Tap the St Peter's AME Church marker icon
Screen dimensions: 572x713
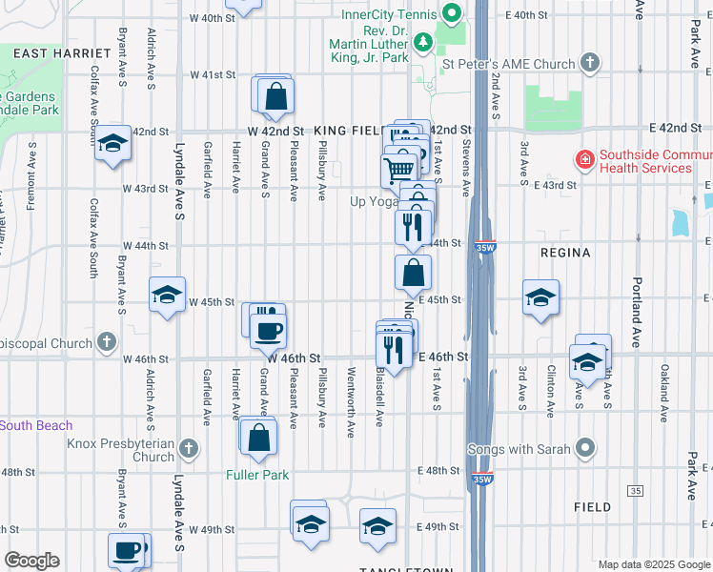tap(590, 64)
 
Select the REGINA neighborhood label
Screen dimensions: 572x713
tap(565, 253)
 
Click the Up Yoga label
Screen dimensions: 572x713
tap(372, 201)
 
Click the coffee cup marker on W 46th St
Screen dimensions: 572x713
tap(267, 330)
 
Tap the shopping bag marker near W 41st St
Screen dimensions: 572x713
tap(275, 96)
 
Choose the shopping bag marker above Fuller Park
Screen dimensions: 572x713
tap(258, 438)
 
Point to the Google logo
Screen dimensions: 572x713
tap(31, 561)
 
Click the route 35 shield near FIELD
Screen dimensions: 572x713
tap(636, 490)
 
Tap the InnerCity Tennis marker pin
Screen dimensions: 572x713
tap(451, 14)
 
